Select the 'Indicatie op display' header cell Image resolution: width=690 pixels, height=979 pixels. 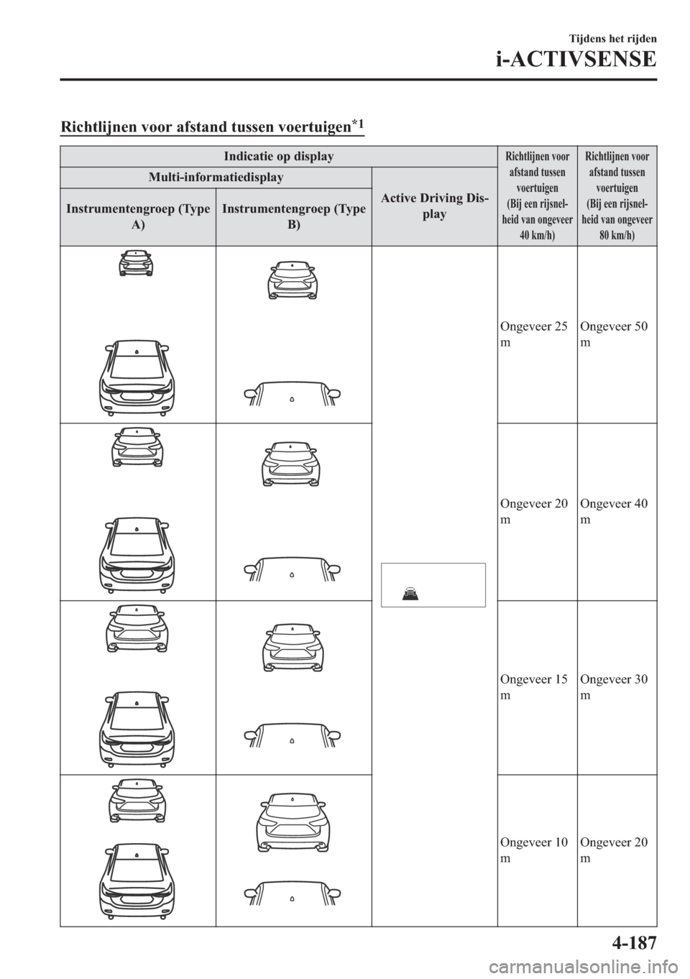(x=278, y=156)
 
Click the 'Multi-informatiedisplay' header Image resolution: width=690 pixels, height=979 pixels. (x=216, y=177)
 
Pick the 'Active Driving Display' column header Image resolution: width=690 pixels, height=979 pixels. (x=434, y=206)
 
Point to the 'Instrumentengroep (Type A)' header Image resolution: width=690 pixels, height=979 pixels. (x=137, y=216)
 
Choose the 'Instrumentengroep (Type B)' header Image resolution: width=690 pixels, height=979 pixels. (x=293, y=216)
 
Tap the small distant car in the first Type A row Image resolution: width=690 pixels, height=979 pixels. (x=137, y=264)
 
